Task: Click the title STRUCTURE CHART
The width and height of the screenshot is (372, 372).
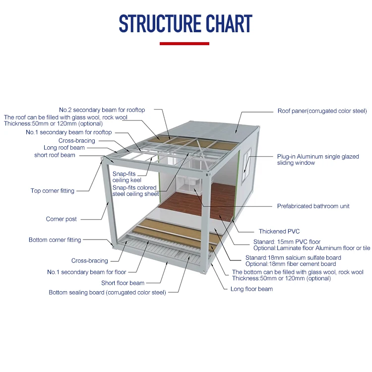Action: [186, 24]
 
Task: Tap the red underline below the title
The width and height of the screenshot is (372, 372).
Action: [184, 44]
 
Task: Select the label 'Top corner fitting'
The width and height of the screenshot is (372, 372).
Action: [52, 191]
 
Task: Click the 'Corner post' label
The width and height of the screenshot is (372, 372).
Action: [61, 219]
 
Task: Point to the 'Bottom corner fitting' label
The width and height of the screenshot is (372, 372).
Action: [55, 240]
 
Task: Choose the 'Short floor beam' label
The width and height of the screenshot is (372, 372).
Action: [123, 283]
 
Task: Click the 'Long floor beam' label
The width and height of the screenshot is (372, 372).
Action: [251, 289]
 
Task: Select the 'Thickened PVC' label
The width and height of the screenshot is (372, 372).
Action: [279, 232]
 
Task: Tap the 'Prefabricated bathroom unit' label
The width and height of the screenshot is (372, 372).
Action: [313, 206]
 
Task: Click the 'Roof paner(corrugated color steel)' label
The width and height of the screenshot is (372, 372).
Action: [321, 111]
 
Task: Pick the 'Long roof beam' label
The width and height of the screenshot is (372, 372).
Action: [64, 148]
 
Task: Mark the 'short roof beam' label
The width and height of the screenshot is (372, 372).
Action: [55, 155]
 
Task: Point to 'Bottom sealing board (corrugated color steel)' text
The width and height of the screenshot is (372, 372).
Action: [107, 293]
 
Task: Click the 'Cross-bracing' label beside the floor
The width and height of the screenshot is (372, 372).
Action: [89, 261]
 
